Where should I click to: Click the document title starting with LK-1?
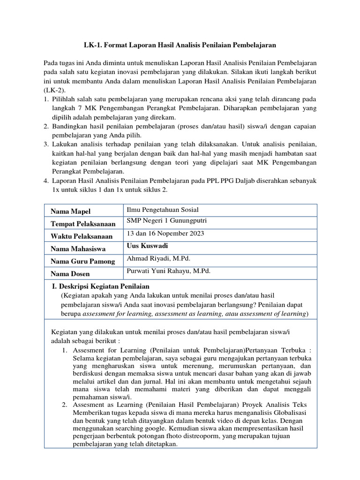180,45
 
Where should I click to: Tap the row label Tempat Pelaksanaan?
83,224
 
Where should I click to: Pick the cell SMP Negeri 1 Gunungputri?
166,221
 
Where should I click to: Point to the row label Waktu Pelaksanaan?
82,236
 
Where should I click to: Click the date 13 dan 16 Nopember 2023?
165,233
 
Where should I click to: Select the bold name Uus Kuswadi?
147,246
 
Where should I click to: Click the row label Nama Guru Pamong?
82,262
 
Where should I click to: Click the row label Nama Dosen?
70,274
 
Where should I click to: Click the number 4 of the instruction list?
46,180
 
